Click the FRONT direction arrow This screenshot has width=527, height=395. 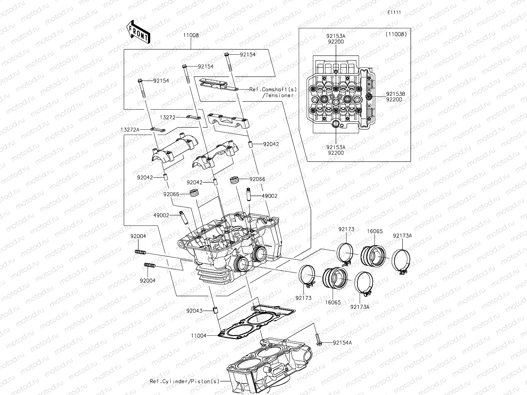pyautogui.click(x=138, y=32)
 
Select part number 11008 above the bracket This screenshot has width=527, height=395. pyautogui.click(x=191, y=35)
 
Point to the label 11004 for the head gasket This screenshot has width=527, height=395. pyautogui.click(x=199, y=336)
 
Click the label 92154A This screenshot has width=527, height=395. pyautogui.click(x=342, y=343)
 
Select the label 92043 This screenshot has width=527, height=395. pyautogui.click(x=194, y=310)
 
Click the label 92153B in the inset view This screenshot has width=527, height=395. pyautogui.click(x=396, y=94)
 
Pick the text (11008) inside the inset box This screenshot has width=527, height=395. pyautogui.click(x=396, y=34)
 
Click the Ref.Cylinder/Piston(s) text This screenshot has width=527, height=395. pyautogui.click(x=184, y=381)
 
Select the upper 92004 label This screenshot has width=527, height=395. pyautogui.click(x=138, y=236)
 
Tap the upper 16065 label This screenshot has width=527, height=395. pyautogui.click(x=375, y=231)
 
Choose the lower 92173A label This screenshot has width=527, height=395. pyautogui.click(x=360, y=307)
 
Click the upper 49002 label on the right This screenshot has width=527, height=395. pyautogui.click(x=269, y=196)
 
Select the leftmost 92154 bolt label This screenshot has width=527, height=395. pyautogui.click(x=161, y=81)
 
